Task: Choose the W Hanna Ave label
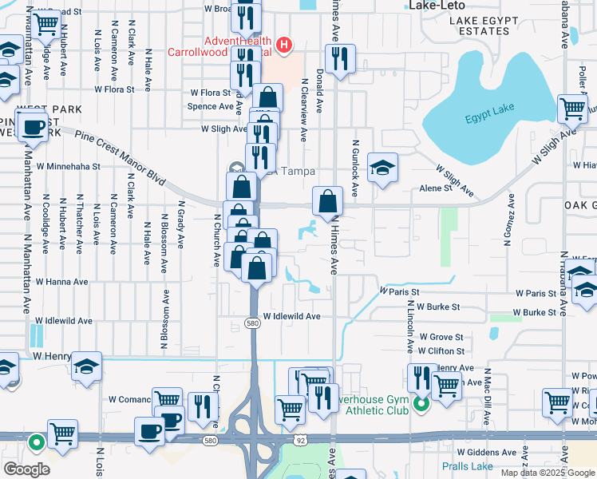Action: [x=61, y=282]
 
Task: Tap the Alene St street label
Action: [x=437, y=189]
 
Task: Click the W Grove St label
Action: [x=441, y=338]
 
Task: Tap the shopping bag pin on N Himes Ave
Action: [x=327, y=202]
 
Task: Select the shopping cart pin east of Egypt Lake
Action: [x=572, y=108]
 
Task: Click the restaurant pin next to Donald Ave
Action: [x=340, y=59]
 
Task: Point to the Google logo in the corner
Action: [x=27, y=469]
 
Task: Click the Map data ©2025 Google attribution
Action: [x=548, y=473]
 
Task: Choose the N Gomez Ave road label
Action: [x=505, y=226]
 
